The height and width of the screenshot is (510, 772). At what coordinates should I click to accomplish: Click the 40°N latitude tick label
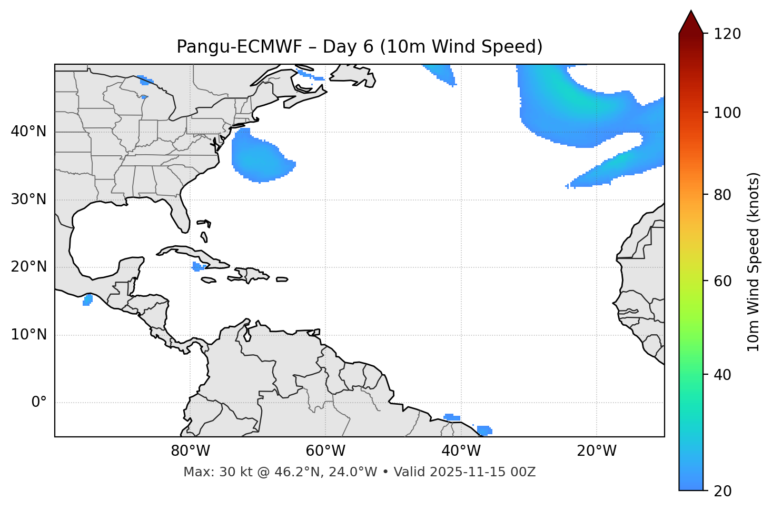28,132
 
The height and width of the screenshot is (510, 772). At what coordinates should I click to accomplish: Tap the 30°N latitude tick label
28,199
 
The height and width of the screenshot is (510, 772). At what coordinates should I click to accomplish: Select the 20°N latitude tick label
28,267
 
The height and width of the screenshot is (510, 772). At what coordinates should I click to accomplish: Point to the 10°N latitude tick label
28,335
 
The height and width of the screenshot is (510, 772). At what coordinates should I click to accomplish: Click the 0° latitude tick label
39,403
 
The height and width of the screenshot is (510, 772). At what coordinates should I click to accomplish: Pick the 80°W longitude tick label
190,451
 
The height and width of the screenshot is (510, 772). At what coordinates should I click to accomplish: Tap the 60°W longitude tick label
325,451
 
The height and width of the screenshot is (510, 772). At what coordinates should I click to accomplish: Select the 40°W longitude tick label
461,451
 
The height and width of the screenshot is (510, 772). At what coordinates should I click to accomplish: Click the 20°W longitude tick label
597,451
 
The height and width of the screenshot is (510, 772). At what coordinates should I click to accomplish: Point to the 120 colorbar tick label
727,34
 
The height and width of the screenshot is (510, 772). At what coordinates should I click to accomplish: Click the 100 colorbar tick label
727,113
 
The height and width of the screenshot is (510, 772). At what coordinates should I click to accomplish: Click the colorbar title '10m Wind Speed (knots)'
754,262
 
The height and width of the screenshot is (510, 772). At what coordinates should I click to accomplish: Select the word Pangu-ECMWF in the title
239,47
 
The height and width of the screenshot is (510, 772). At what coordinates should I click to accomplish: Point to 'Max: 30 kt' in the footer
210,472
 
